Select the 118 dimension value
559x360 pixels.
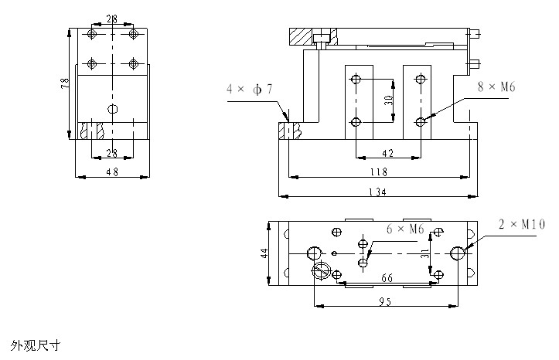377,172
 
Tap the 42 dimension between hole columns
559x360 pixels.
387,153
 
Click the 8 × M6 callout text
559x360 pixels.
496,89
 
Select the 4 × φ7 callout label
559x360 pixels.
249,90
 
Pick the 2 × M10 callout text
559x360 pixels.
522,225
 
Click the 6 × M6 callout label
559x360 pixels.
405,229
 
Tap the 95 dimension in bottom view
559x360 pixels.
383,301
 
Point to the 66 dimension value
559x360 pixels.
388,278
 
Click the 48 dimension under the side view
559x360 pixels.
111,172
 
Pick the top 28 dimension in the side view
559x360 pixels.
113,17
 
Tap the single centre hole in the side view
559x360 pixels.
113,109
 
